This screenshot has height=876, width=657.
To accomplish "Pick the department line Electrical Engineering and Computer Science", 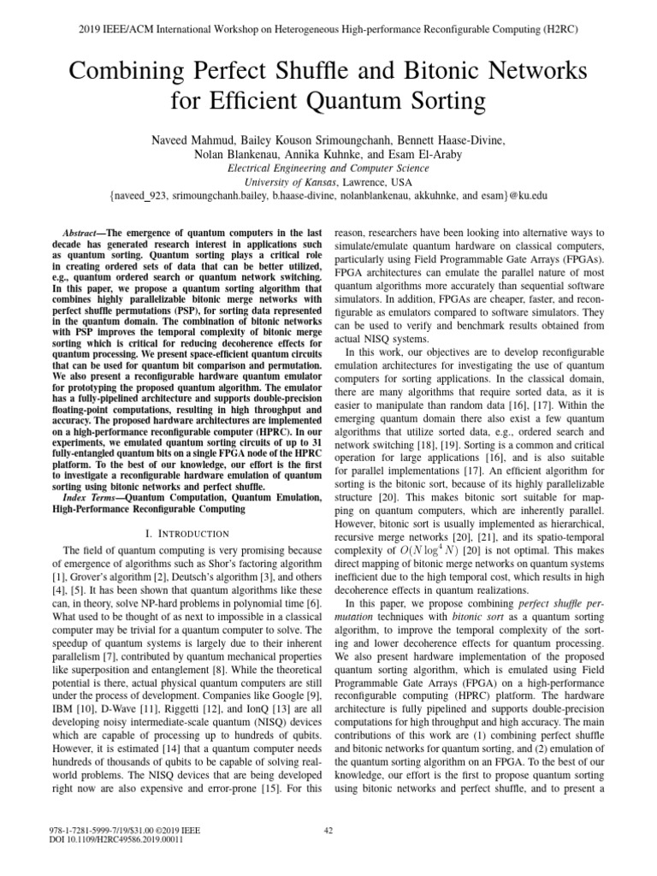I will click(x=328, y=168).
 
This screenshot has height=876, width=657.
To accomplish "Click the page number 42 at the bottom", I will click(x=328, y=830).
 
